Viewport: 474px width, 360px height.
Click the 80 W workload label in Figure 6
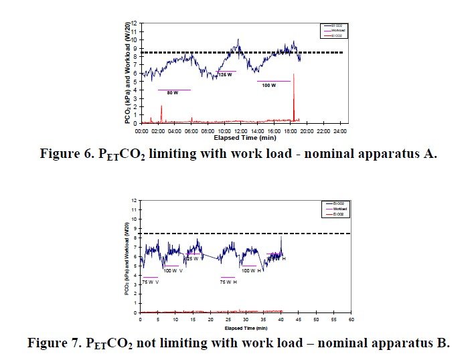click(173, 93)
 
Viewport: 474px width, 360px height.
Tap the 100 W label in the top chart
click(269, 86)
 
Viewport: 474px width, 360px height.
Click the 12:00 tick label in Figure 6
click(240, 130)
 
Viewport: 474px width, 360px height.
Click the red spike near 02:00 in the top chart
click(161, 113)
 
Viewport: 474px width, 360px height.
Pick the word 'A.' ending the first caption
click(429, 154)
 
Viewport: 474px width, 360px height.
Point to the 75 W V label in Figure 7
click(150, 282)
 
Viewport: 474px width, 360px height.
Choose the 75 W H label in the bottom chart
click(229, 282)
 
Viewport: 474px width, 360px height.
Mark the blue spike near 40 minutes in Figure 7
click(282, 238)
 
